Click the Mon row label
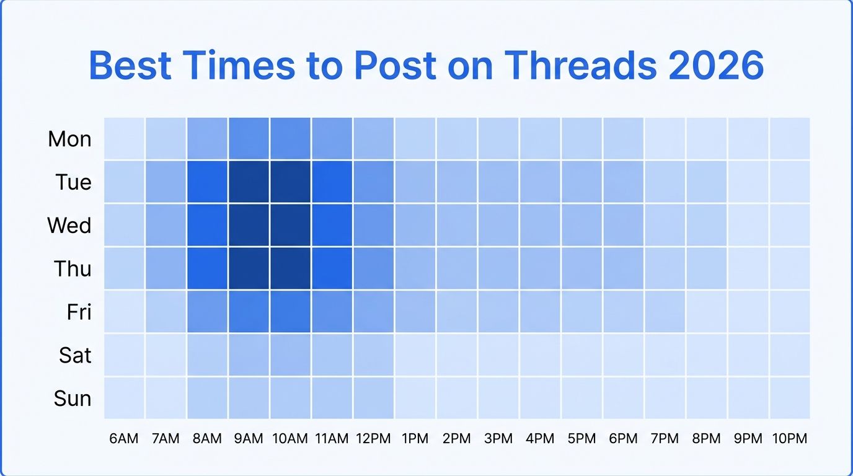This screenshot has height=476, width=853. coord(69,139)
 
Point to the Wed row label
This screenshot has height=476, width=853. coord(69,225)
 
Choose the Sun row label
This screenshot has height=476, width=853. coord(73,398)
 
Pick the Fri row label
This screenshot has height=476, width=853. coord(79,312)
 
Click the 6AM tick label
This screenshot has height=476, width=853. coord(124,439)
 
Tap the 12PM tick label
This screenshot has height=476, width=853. coord(373,439)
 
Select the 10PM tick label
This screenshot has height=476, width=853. coord(790,439)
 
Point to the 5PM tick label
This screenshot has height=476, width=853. coord(581,439)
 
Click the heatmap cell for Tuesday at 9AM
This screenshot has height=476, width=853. coord(249,182)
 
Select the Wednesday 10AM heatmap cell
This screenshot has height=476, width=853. coord(290,225)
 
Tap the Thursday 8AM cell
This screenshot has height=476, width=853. coord(207,268)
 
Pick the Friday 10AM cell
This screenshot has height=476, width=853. coord(290,312)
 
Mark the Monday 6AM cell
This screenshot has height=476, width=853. coord(124,139)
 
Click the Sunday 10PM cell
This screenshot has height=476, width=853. coord(790,398)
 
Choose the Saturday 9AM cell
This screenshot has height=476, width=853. coord(249,355)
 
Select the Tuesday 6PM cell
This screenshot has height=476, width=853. coord(623,182)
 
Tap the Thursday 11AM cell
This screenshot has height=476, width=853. coord(332,268)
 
